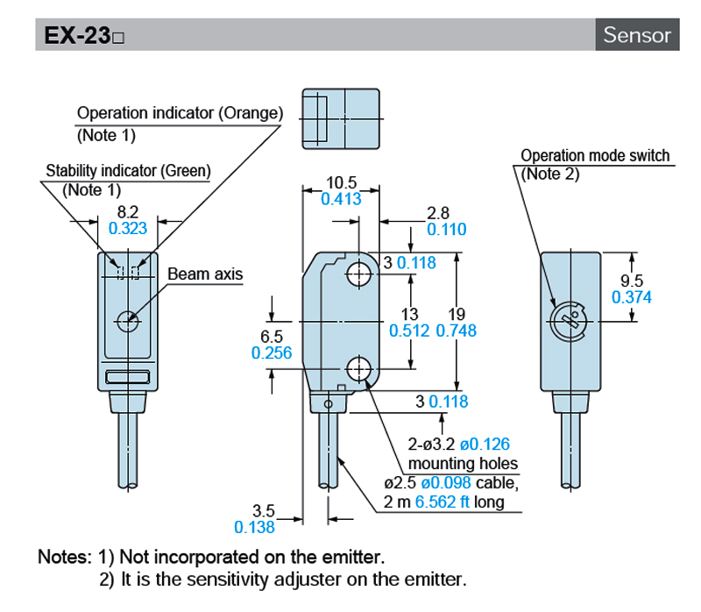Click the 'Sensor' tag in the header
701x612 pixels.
pyautogui.click(x=637, y=35)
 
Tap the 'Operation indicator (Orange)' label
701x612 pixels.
pyautogui.click(x=181, y=113)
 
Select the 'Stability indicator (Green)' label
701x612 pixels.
pyautogui.click(x=129, y=171)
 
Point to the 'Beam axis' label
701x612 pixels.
pyautogui.click(x=205, y=274)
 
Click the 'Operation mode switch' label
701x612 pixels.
pyautogui.click(x=595, y=156)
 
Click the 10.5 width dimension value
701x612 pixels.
pyautogui.click(x=342, y=182)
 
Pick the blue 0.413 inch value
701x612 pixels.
pyautogui.click(x=342, y=199)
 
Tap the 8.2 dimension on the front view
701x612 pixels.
pyautogui.click(x=128, y=211)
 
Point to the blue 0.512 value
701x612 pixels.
pyautogui.click(x=409, y=330)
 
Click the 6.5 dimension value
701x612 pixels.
pyautogui.click(x=272, y=336)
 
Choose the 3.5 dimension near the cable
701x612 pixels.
pyautogui.click(x=263, y=510)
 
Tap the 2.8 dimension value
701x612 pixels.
pyautogui.click(x=437, y=213)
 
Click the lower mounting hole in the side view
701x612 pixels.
pyautogui.click(x=358, y=369)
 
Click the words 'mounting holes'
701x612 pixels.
pyautogui.click(x=464, y=463)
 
